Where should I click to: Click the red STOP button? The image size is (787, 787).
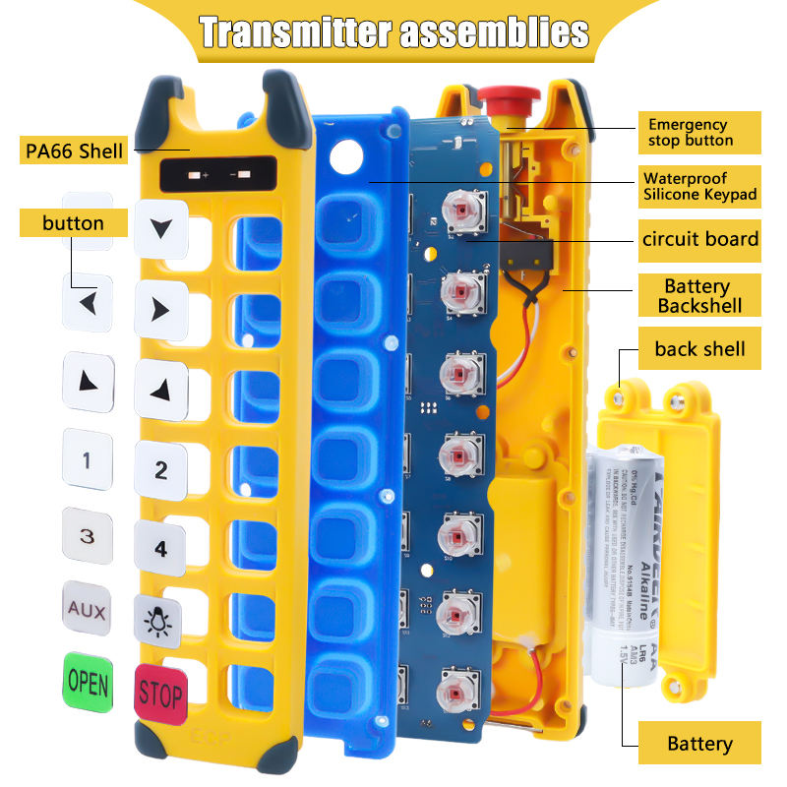point(160,695)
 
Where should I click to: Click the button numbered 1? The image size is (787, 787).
point(87,458)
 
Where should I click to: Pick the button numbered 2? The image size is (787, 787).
point(160,469)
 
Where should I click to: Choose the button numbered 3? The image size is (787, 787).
point(87,535)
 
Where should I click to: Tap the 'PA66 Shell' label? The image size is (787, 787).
point(75,151)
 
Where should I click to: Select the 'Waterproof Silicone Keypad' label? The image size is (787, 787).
point(700,186)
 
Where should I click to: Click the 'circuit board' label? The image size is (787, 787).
point(699,238)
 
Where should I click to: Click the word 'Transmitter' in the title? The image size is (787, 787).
point(292,32)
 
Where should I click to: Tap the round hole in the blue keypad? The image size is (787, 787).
point(346,154)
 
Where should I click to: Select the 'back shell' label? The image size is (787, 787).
point(699,348)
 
